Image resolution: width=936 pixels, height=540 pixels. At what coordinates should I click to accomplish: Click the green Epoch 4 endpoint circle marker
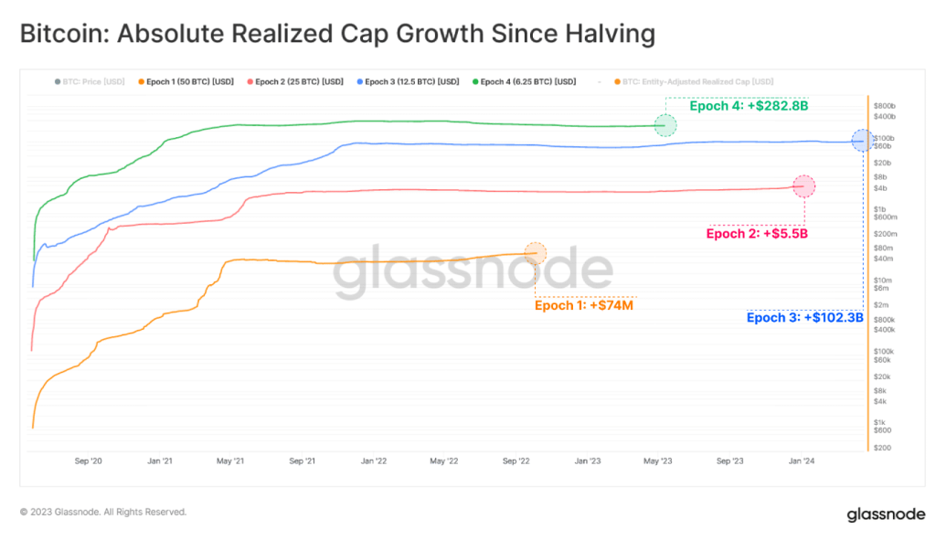coord(665,126)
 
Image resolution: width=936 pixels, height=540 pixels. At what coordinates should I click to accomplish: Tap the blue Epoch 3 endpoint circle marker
coord(862,141)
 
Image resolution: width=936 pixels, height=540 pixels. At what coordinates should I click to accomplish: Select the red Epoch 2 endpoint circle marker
coord(804,185)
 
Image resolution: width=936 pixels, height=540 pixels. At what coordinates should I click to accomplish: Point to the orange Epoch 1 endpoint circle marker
coord(536,253)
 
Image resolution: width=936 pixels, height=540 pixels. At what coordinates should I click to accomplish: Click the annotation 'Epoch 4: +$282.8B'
coord(749,106)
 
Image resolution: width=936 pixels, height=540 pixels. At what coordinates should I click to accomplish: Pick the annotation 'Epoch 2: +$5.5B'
coord(757,233)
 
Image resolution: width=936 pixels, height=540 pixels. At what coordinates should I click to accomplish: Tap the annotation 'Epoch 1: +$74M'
coord(584,305)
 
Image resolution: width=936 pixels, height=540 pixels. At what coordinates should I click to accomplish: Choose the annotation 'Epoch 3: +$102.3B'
coord(804,318)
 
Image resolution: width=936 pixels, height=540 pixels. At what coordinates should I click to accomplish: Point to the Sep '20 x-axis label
coord(89,461)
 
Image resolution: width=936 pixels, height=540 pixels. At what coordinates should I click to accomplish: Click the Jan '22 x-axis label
coord(374,461)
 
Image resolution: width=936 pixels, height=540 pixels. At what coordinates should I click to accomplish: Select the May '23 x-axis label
coord(658,461)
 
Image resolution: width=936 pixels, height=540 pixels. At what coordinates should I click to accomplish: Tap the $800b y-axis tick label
coord(884,106)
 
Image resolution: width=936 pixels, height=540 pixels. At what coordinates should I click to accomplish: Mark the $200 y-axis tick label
coord(882,448)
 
